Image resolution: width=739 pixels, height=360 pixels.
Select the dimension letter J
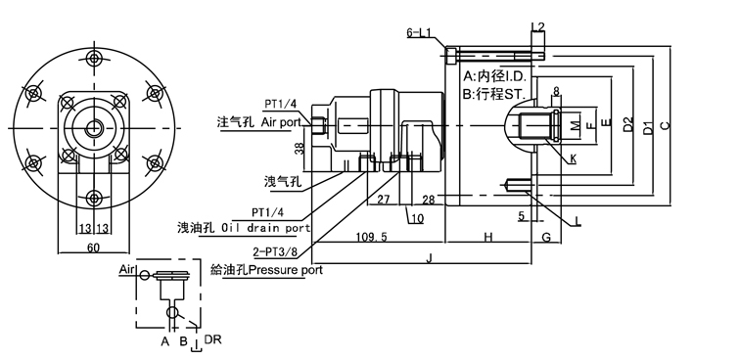pyautogui.click(x=429, y=257)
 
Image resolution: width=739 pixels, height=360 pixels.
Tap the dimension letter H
pyautogui.click(x=488, y=237)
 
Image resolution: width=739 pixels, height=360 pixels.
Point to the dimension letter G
pyautogui.click(x=546, y=237)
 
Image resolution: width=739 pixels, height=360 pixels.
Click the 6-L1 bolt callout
pyautogui.click(x=419, y=32)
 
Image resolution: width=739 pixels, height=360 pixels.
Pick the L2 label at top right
pyautogui.click(x=537, y=25)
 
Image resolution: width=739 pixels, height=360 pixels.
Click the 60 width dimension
pyautogui.click(x=93, y=247)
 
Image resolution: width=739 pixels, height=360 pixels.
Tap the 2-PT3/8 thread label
pyautogui.click(x=275, y=252)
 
